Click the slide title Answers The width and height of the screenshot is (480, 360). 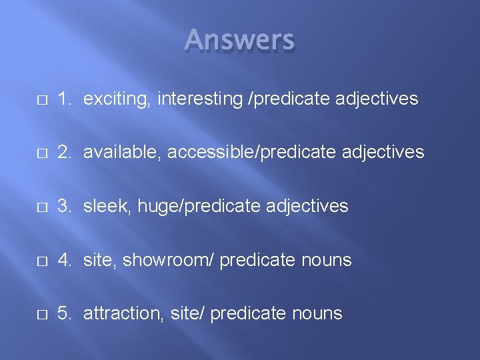[x=239, y=41]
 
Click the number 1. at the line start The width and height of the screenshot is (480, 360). [x=65, y=99]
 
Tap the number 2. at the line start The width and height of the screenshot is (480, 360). [x=65, y=153]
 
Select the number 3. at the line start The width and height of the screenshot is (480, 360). [x=65, y=206]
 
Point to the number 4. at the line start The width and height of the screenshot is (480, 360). [x=65, y=260]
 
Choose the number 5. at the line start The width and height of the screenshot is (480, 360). [x=65, y=313]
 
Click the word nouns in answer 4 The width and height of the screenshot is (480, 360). [x=326, y=260]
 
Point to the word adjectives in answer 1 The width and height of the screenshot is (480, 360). [x=377, y=99]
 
